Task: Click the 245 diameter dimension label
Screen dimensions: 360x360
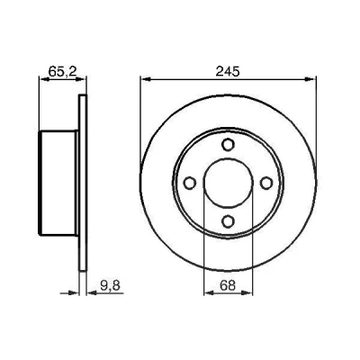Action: click(x=228, y=71)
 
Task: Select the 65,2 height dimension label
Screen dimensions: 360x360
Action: click(x=62, y=71)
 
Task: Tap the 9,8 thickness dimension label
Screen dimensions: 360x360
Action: click(x=110, y=285)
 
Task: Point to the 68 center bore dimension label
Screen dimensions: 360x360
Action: click(x=228, y=285)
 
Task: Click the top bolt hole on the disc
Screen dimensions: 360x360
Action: click(x=228, y=144)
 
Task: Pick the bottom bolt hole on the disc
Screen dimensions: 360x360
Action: click(x=228, y=221)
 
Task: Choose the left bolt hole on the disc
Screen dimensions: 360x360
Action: click(x=190, y=183)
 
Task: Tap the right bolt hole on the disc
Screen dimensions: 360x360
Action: click(x=266, y=183)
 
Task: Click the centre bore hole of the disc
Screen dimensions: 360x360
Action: click(x=228, y=183)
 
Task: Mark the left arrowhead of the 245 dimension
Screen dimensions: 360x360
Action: click(x=145, y=79)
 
